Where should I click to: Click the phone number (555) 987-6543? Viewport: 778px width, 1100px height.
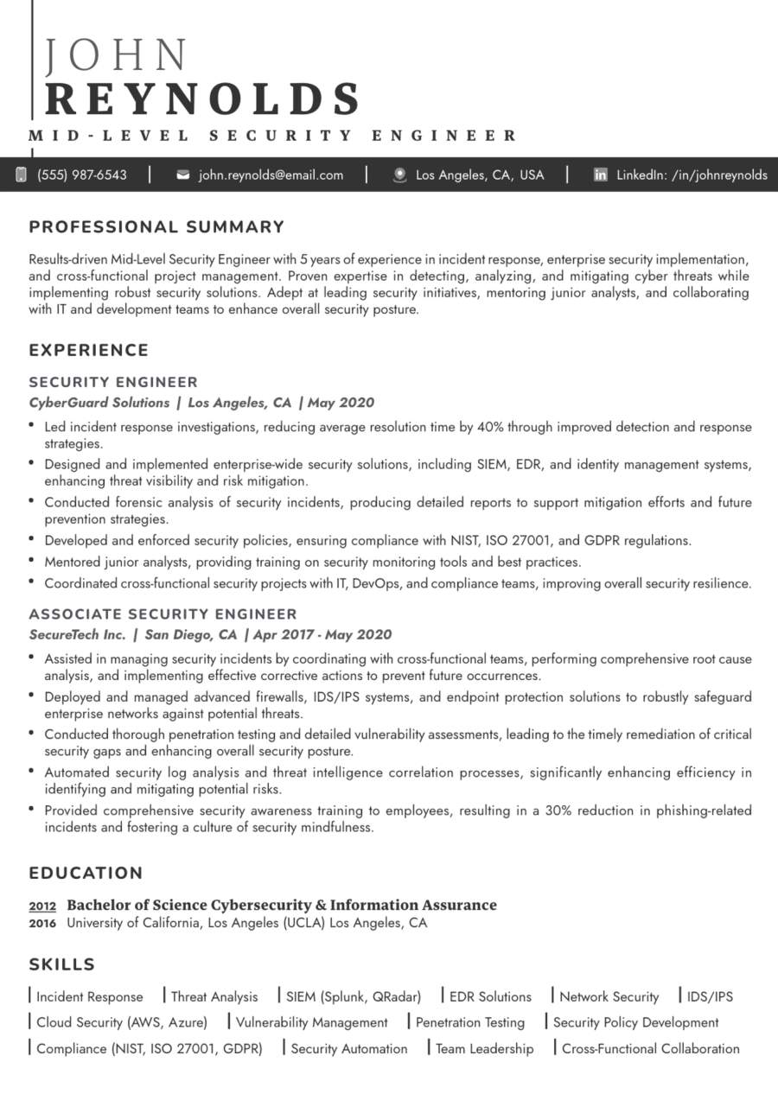pos(81,175)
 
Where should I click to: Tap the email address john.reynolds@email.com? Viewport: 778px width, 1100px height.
pos(271,175)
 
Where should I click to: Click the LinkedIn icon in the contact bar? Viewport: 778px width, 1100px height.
pos(600,175)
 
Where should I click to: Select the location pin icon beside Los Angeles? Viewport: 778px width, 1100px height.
pos(399,175)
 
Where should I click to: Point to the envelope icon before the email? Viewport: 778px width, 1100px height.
pos(183,175)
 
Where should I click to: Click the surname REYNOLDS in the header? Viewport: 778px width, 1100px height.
pos(202,99)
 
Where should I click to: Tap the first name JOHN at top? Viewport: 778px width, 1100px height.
pos(116,55)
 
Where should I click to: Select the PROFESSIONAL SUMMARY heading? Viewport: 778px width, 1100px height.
pos(156,227)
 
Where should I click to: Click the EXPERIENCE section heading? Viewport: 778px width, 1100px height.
pos(89,350)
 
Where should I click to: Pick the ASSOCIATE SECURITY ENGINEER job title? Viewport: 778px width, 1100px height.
pos(163,614)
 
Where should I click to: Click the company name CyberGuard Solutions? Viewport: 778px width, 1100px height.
pos(99,403)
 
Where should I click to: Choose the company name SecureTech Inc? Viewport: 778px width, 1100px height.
pos(78,635)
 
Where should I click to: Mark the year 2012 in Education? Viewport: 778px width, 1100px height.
pos(42,906)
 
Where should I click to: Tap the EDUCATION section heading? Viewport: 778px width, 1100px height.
pos(86,873)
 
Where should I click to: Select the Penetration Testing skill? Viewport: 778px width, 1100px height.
pos(470,1022)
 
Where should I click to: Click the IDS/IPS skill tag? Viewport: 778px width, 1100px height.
pos(710,996)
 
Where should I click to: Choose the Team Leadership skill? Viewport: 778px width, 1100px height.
pos(484,1049)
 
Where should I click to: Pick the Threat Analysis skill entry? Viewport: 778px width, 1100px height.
pos(214,996)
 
